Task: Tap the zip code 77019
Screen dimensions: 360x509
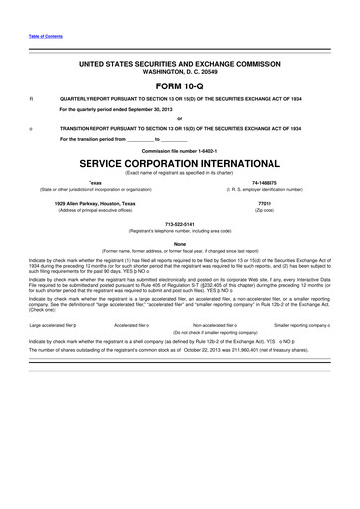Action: tap(264, 203)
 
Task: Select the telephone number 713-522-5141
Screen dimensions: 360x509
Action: tap(180, 224)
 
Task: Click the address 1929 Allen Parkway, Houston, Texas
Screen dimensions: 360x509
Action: tap(95, 203)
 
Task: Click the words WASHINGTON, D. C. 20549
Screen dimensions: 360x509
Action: tap(180, 72)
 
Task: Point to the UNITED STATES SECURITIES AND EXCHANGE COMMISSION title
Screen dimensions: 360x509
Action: tap(180, 63)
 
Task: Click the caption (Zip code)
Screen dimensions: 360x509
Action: tap(264, 210)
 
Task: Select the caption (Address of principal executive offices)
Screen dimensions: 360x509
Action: tap(95, 210)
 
